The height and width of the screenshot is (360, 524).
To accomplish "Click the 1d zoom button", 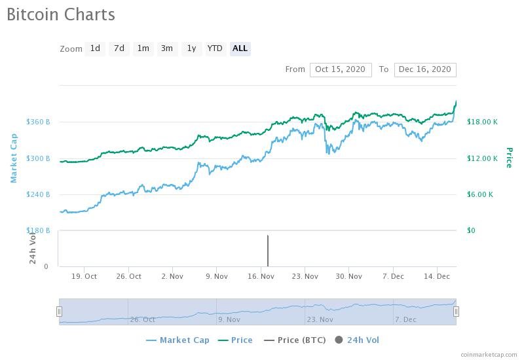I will coord(95,48).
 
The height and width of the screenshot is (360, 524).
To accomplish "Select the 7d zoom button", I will coord(119,48).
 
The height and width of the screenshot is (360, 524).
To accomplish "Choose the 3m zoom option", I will coord(167,48).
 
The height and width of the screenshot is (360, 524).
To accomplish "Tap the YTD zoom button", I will coord(215,48).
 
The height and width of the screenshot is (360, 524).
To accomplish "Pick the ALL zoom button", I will coord(240,48).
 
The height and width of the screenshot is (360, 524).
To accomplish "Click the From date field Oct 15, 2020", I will coord(341,69).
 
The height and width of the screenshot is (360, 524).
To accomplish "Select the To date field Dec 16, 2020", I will coord(425,69).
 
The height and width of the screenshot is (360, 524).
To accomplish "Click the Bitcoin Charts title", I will coord(61,14).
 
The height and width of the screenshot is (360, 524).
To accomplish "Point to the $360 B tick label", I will coord(38,122).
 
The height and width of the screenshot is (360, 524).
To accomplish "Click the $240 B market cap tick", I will coord(38,194).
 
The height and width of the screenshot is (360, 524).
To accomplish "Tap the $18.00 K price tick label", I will coord(482,122).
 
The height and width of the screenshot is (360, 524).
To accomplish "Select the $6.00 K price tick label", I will coord(480,194).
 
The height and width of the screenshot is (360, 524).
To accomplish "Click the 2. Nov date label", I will coord(172,276).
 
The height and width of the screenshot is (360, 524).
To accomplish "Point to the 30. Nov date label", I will coord(349,276).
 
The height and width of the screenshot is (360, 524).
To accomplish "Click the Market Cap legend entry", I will coord(180,340).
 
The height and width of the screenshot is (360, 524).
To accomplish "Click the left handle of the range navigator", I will coord(59,312).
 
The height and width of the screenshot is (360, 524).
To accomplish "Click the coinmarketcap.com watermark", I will coord(489,355).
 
